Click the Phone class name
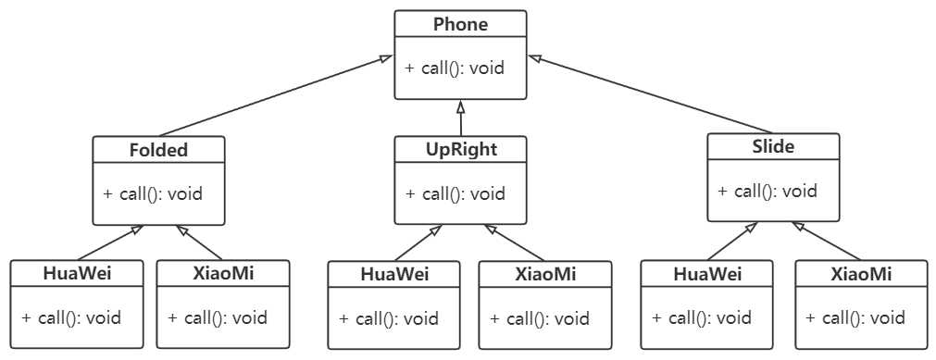click(x=460, y=25)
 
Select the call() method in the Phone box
click(x=455, y=68)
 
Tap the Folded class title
click(x=158, y=150)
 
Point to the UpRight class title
click(x=460, y=150)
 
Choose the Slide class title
click(x=773, y=146)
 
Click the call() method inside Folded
click(x=153, y=194)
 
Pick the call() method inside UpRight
click(x=456, y=194)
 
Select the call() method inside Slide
click(x=768, y=192)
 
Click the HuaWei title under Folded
click(x=77, y=273)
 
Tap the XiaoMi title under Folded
click(x=222, y=273)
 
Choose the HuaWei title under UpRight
click(x=394, y=274)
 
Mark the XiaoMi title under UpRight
click(x=545, y=274)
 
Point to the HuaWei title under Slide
click(x=707, y=274)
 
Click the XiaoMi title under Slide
click(x=861, y=274)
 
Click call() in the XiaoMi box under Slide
click(x=855, y=318)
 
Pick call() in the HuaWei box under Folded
click(x=71, y=318)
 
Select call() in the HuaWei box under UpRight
click(x=389, y=319)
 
